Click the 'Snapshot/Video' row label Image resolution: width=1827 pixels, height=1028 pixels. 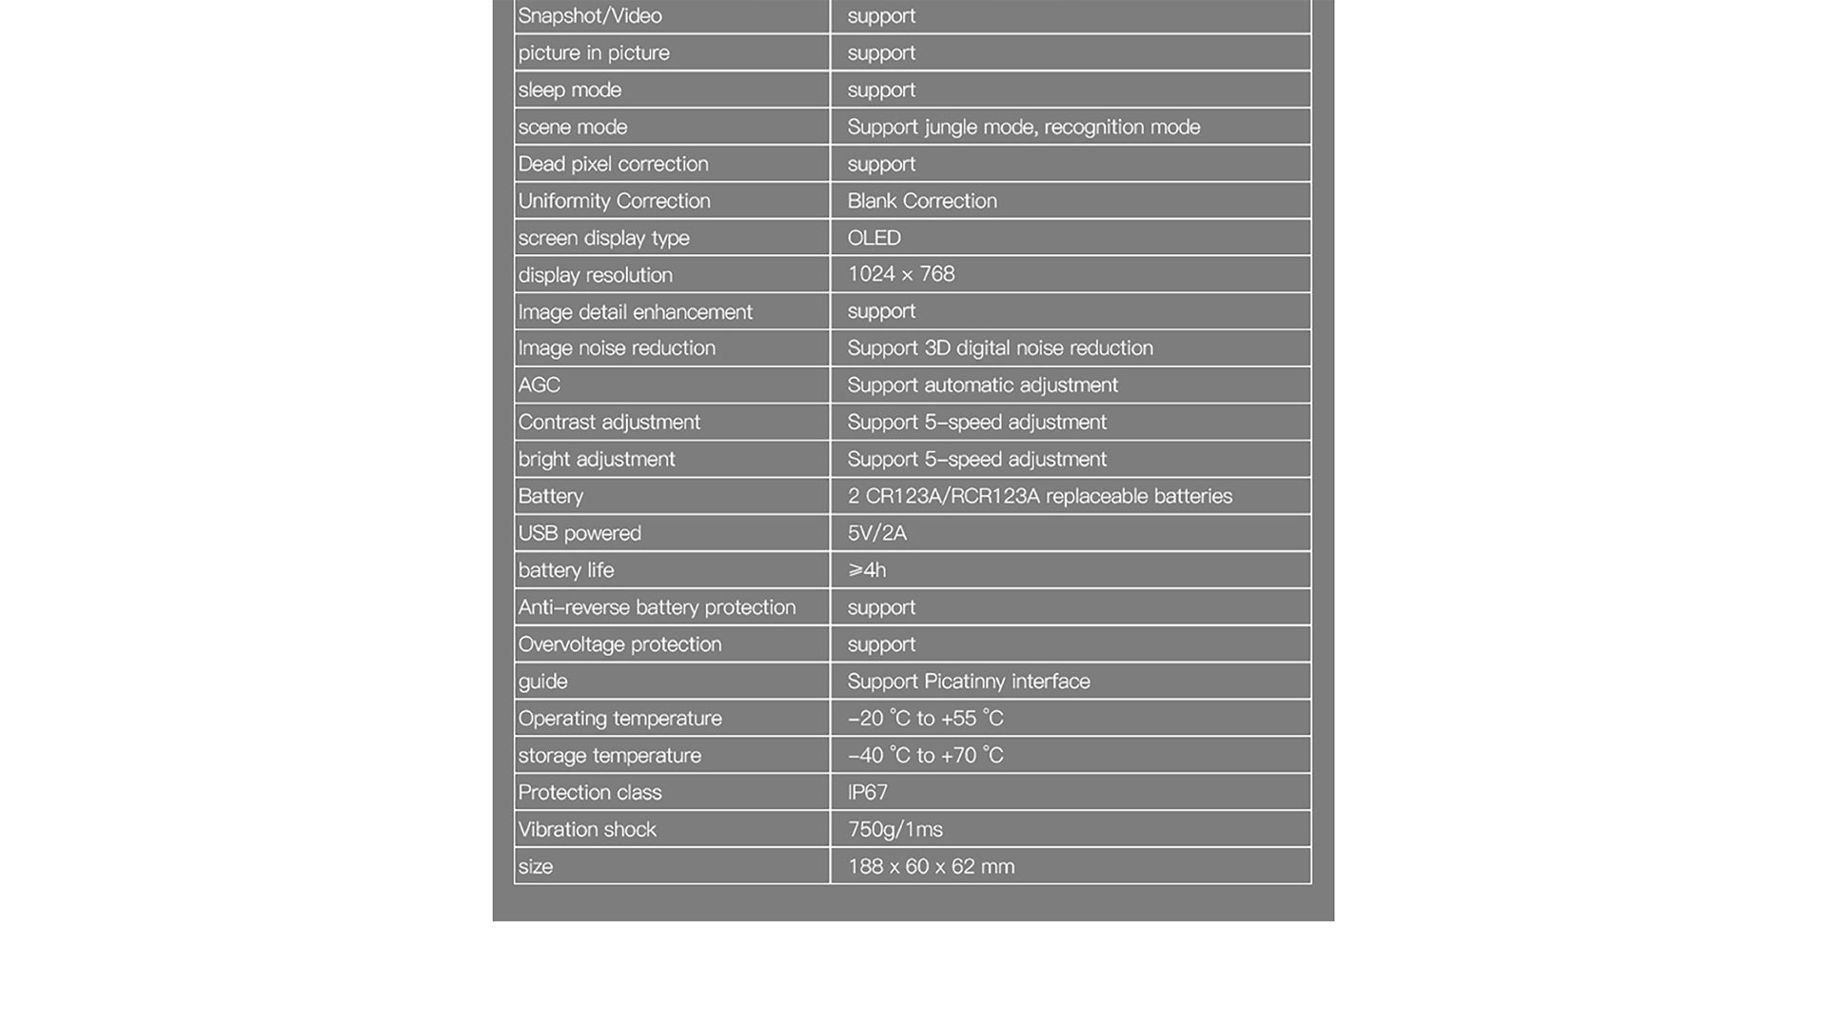[590, 16]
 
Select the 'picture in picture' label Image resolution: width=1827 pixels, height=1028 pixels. [594, 53]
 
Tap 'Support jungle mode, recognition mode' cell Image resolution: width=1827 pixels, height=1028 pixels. [1023, 128]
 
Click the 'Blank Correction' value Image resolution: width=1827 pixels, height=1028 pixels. [922, 202]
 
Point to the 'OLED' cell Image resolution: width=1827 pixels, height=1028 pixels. [874, 238]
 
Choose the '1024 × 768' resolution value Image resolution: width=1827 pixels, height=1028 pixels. [900, 275]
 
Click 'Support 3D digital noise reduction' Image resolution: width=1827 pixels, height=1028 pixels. [999, 348]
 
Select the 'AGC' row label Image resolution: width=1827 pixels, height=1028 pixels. [539, 385]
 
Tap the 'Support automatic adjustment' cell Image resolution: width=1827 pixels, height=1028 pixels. [982, 385]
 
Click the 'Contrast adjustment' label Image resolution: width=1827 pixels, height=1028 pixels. [609, 423]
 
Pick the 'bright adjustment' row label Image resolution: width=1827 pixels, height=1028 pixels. [597, 460]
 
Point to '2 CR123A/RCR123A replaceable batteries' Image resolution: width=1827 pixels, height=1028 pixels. [1039, 497]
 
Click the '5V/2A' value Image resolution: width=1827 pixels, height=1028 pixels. [876, 534]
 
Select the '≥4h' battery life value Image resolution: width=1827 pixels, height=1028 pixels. [867, 571]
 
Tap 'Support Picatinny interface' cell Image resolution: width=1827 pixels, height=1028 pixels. [968, 682]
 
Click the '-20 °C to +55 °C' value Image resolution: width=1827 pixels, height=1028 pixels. [925, 719]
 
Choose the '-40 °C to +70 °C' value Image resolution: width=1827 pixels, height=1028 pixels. [925, 756]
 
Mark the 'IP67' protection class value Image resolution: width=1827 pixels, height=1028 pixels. [867, 793]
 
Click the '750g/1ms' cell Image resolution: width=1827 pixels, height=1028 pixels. [894, 830]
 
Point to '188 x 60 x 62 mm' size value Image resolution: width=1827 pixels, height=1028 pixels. [931, 867]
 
